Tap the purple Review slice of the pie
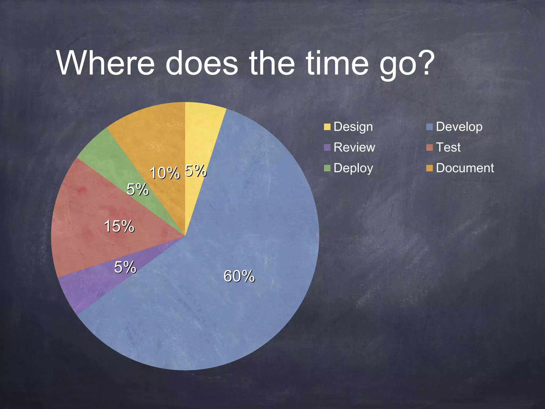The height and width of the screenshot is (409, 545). (88, 288)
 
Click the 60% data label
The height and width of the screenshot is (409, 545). (239, 276)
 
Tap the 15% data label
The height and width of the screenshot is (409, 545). (119, 226)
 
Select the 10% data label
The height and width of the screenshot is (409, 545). (164, 173)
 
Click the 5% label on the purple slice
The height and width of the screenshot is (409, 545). (125, 267)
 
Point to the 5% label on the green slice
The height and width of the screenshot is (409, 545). (137, 189)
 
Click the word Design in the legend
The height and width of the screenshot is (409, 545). (353, 127)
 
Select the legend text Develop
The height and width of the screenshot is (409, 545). (459, 127)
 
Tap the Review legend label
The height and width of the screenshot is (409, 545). (354, 147)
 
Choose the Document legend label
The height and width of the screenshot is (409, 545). (465, 168)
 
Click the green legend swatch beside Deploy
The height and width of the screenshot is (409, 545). (327, 168)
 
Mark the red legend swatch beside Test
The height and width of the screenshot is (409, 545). (430, 148)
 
